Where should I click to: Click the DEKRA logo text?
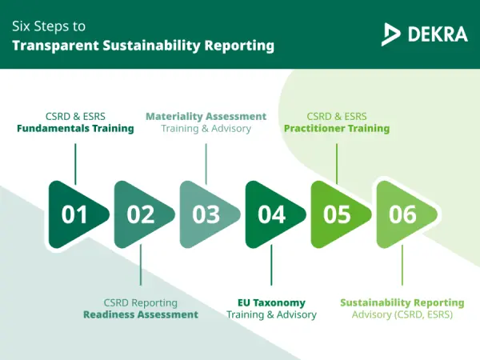click(x=437, y=34)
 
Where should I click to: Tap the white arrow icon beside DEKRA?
click(x=392, y=34)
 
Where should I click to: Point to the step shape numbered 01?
click(x=75, y=214)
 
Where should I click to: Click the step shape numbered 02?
click(x=141, y=214)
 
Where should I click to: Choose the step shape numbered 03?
click(x=206, y=214)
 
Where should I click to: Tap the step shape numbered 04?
click(x=272, y=214)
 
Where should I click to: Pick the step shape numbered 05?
click(x=338, y=214)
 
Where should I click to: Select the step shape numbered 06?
click(x=403, y=214)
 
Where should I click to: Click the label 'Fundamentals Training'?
click(x=75, y=128)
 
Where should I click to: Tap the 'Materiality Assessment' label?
click(x=206, y=116)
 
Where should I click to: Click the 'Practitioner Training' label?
click(x=337, y=128)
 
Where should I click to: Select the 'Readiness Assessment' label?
click(x=141, y=314)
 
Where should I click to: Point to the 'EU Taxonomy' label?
click(x=272, y=302)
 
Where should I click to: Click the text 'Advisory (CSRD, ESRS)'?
click(x=402, y=314)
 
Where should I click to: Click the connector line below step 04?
click(x=272, y=265)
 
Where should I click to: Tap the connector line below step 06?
click(x=402, y=265)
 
